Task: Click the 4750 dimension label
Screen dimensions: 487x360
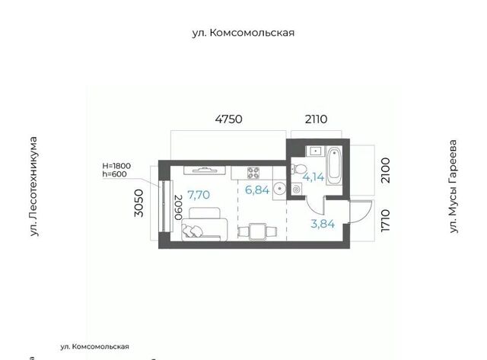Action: point(228,119)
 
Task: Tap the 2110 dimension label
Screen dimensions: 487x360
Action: point(316,119)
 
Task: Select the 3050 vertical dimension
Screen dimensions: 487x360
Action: point(138,203)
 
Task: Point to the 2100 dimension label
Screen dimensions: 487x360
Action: point(385,170)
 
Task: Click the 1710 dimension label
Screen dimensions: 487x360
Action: point(385,220)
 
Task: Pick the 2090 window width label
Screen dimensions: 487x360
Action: point(178,208)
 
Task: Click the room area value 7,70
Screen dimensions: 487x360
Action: point(199,195)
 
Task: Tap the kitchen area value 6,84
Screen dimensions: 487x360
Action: point(257,190)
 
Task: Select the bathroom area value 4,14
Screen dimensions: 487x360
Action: point(313,177)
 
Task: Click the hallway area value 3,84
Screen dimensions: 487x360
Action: point(323,224)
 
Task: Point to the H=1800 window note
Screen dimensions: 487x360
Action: point(116,166)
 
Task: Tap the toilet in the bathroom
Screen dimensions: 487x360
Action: point(299,169)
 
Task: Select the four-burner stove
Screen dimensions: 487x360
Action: point(253,173)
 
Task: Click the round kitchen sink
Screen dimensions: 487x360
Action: point(280,189)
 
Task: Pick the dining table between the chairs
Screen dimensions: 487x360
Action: point(257,231)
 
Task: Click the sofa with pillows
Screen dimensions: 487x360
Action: point(205,225)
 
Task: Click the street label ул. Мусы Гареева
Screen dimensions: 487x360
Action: point(454,186)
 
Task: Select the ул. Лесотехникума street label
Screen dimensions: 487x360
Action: point(33,186)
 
